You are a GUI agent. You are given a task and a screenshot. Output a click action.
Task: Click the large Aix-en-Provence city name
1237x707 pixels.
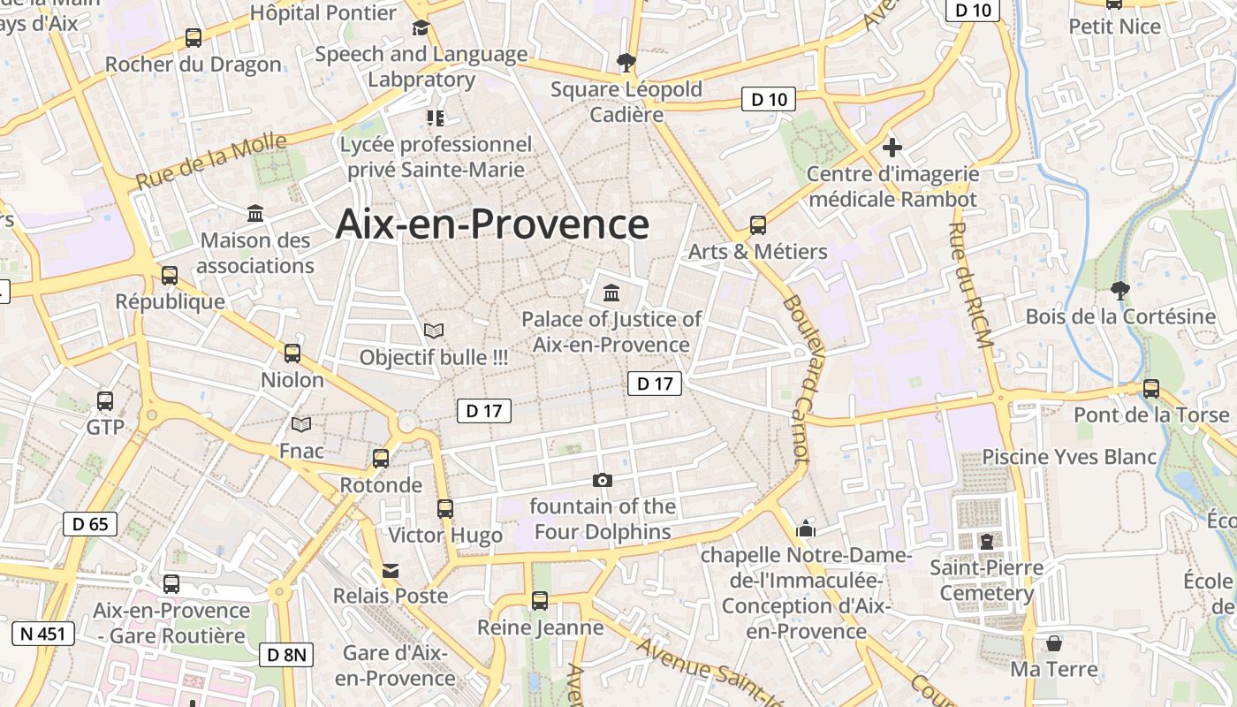pos(492,224)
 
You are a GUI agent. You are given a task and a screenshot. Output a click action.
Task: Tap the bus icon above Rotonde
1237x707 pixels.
pos(381,458)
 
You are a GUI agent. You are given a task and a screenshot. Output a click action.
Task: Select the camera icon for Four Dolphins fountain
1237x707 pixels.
pos(603,480)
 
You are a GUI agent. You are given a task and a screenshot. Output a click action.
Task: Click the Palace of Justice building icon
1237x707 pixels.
pos(611,292)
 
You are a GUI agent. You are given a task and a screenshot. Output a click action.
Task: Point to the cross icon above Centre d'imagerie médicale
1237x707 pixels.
pos(892,147)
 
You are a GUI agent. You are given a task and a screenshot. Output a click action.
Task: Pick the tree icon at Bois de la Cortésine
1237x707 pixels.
pos(1119,290)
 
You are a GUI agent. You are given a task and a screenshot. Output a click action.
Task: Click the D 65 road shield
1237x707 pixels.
pos(90,524)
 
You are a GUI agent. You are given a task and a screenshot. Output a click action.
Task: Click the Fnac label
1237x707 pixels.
pos(301,451)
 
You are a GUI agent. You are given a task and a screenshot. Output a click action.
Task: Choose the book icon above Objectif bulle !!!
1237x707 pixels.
pos(434,331)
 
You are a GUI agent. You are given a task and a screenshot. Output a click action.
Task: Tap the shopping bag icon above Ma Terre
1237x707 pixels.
pos(1053,642)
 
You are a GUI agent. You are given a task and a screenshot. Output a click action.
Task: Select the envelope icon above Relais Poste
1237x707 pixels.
pos(391,570)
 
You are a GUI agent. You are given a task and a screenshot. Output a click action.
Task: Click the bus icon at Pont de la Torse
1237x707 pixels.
pos(1150,388)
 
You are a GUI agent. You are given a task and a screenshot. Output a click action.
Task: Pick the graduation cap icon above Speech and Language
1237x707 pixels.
pos(421,28)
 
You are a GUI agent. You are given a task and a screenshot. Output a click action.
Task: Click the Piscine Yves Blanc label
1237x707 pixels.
pos(1069,457)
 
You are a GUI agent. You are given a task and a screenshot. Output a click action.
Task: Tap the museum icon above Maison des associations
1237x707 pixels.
pos(256,213)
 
